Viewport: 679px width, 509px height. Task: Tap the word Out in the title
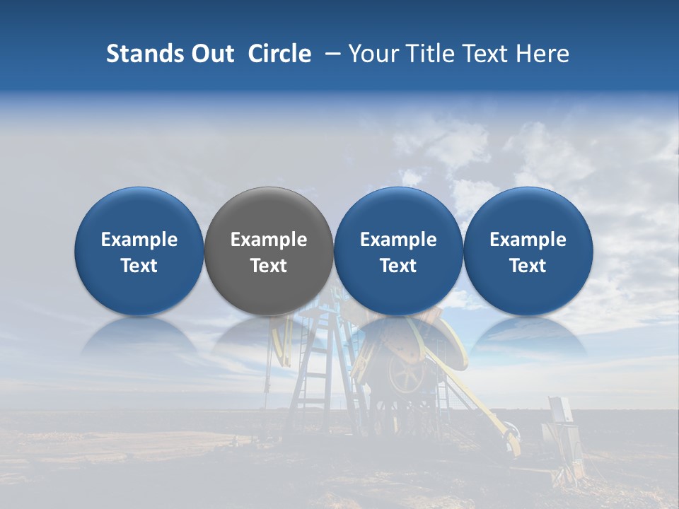211,54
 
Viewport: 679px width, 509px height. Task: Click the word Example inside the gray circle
269,240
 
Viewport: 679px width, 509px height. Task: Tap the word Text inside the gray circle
269,266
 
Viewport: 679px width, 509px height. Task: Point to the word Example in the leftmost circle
139,240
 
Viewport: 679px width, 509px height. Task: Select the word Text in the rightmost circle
528,266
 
